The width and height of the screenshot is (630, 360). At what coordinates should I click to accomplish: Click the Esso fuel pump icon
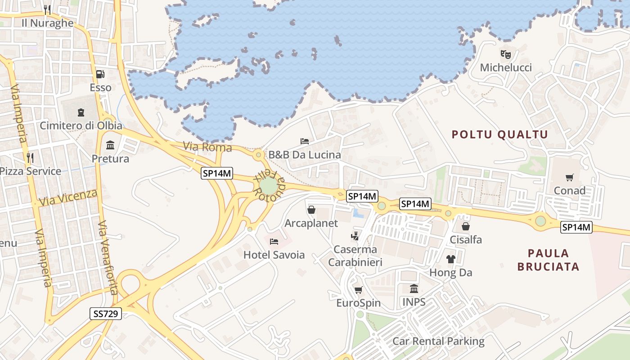pos(100,74)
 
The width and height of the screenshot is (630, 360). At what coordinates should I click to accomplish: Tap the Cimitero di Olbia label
pos(81,126)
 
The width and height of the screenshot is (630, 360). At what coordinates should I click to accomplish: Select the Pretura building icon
pos(110,145)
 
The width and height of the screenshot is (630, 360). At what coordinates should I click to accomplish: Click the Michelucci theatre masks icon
pos(506,54)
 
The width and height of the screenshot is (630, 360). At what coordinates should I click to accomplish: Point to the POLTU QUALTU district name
pos(499,135)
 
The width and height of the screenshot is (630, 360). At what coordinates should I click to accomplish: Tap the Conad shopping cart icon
pos(570,177)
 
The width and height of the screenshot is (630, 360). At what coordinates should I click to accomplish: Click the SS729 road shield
pos(106,314)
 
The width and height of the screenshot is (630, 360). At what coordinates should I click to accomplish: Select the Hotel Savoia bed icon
pos(274,242)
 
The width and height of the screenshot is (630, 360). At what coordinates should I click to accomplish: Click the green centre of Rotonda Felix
pos(269,186)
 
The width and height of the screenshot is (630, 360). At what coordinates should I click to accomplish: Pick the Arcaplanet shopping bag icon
pos(311,210)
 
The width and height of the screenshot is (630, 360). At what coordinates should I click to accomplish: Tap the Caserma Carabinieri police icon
pos(355,235)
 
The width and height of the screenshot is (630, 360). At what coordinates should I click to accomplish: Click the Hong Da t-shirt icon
pos(450,259)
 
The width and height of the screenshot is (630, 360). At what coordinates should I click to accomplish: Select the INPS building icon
pos(414,288)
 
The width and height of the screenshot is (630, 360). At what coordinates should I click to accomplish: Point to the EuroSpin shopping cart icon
pos(359,290)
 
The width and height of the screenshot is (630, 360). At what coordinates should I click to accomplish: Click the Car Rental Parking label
pos(438,341)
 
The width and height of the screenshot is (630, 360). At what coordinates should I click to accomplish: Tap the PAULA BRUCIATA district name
pos(548,260)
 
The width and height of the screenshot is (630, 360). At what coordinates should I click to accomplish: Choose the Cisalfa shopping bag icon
pos(466,226)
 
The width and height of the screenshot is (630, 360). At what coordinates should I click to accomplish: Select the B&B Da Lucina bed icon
pos(305,141)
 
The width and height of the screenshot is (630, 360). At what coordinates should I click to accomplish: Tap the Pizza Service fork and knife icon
pos(30,157)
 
